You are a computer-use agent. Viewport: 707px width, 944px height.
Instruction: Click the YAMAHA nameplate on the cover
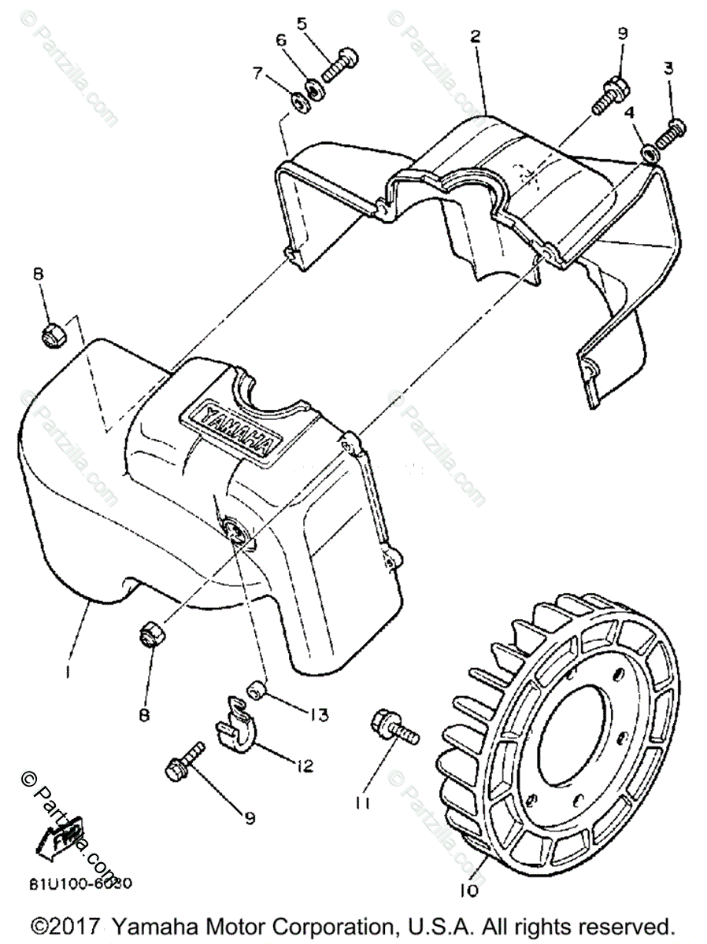(x=228, y=429)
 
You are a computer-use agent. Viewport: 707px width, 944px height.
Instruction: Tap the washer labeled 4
(x=649, y=153)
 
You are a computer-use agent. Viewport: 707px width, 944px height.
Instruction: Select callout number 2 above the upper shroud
(x=475, y=36)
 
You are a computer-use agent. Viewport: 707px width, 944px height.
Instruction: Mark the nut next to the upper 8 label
(x=53, y=334)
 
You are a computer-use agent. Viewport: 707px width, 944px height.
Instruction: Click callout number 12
(x=304, y=765)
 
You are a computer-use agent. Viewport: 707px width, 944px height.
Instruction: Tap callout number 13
(x=319, y=715)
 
